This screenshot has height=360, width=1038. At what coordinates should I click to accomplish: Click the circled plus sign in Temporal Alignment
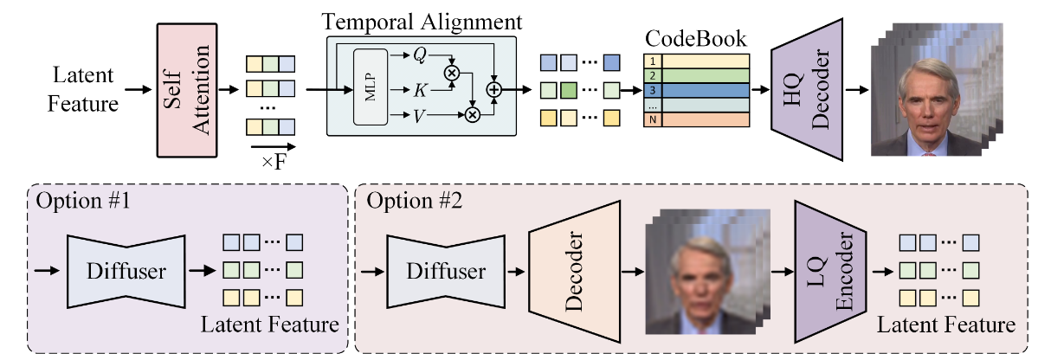pos(494,88)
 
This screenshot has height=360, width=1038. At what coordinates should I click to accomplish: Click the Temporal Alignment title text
pos(422,20)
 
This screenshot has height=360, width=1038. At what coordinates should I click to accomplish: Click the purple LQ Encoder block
pos(832,270)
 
